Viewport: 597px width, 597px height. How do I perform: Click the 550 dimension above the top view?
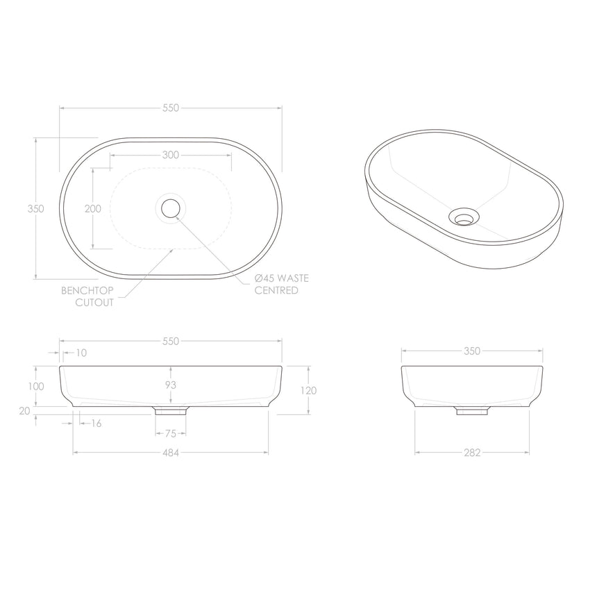[171, 108]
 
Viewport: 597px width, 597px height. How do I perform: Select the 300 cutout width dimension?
[171, 155]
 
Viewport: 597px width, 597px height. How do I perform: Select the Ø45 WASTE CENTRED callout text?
[282, 284]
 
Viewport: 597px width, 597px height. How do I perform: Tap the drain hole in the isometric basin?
[463, 217]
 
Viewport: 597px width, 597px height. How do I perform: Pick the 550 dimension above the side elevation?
[171, 341]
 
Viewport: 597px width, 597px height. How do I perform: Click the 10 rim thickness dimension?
[81, 353]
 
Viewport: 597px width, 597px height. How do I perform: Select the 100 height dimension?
[36, 386]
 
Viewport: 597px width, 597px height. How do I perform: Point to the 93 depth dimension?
[171, 385]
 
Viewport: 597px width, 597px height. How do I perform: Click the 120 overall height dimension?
[309, 390]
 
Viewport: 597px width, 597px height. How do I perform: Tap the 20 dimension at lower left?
[25, 410]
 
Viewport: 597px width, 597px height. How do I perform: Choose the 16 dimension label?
[96, 423]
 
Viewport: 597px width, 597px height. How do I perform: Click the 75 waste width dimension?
[171, 434]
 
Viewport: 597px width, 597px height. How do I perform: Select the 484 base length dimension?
[171, 453]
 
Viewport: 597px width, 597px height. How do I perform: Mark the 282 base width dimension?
[472, 453]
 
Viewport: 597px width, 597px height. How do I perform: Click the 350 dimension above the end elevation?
[472, 351]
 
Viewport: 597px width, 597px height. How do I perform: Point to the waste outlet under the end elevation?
[472, 411]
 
